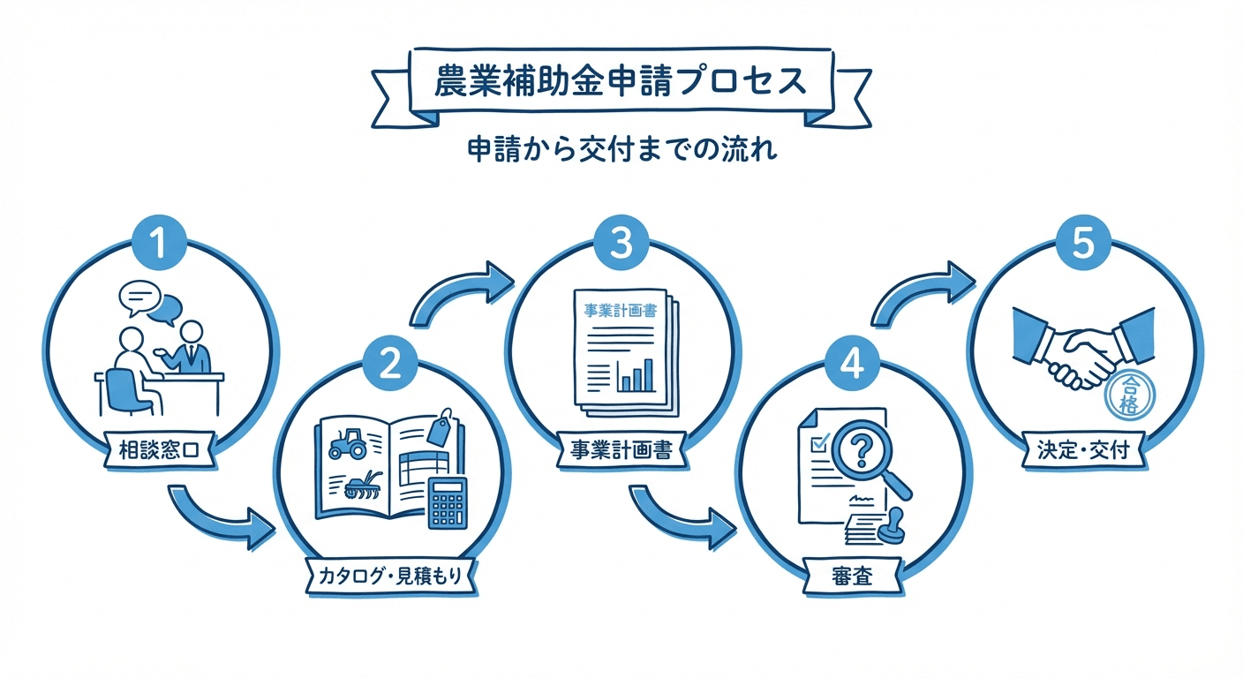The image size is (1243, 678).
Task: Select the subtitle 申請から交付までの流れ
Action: click(621, 151)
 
